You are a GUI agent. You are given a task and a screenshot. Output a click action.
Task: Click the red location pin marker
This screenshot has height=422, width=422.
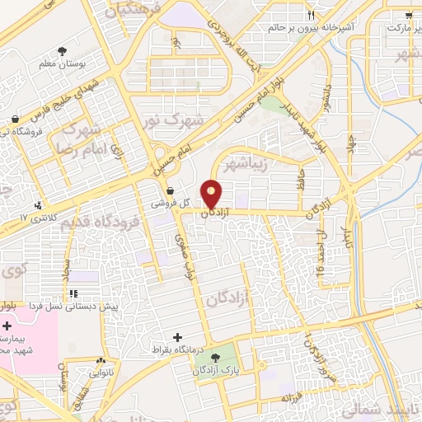[x=213, y=193]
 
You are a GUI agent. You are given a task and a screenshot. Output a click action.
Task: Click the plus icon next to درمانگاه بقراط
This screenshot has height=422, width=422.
[x=178, y=337]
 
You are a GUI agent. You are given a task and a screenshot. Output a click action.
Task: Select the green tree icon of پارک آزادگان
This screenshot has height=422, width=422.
[x=216, y=358]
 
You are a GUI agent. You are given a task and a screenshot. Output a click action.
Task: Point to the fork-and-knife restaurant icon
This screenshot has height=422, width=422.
[x=311, y=16]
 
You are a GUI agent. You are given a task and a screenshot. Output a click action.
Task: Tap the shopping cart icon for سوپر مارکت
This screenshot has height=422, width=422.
[x=410, y=15]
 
